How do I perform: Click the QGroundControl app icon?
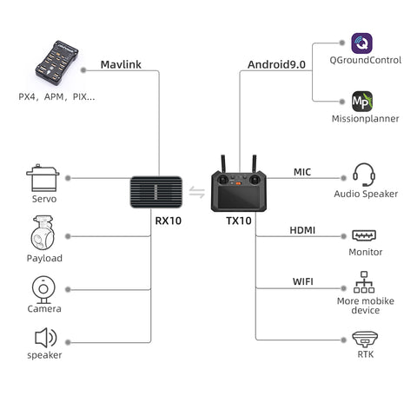click(361, 43)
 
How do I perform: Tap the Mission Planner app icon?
click(362, 102)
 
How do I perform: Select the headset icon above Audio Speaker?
click(364, 175)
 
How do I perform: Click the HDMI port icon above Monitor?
click(364, 235)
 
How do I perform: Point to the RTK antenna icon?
click(365, 340)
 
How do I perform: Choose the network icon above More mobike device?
click(364, 282)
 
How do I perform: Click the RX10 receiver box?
click(156, 192)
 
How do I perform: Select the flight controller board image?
click(56, 63)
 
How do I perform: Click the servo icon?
click(43, 178)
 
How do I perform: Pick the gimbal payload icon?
click(43, 233)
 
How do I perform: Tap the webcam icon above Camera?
click(43, 289)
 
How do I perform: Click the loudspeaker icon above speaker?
click(46, 338)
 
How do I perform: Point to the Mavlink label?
click(121, 64)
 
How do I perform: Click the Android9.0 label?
click(276, 64)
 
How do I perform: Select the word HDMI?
click(302, 230)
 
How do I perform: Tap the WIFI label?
click(303, 281)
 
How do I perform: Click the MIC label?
click(302, 172)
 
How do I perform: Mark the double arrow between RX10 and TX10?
click(197, 192)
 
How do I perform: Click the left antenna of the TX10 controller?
click(223, 164)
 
